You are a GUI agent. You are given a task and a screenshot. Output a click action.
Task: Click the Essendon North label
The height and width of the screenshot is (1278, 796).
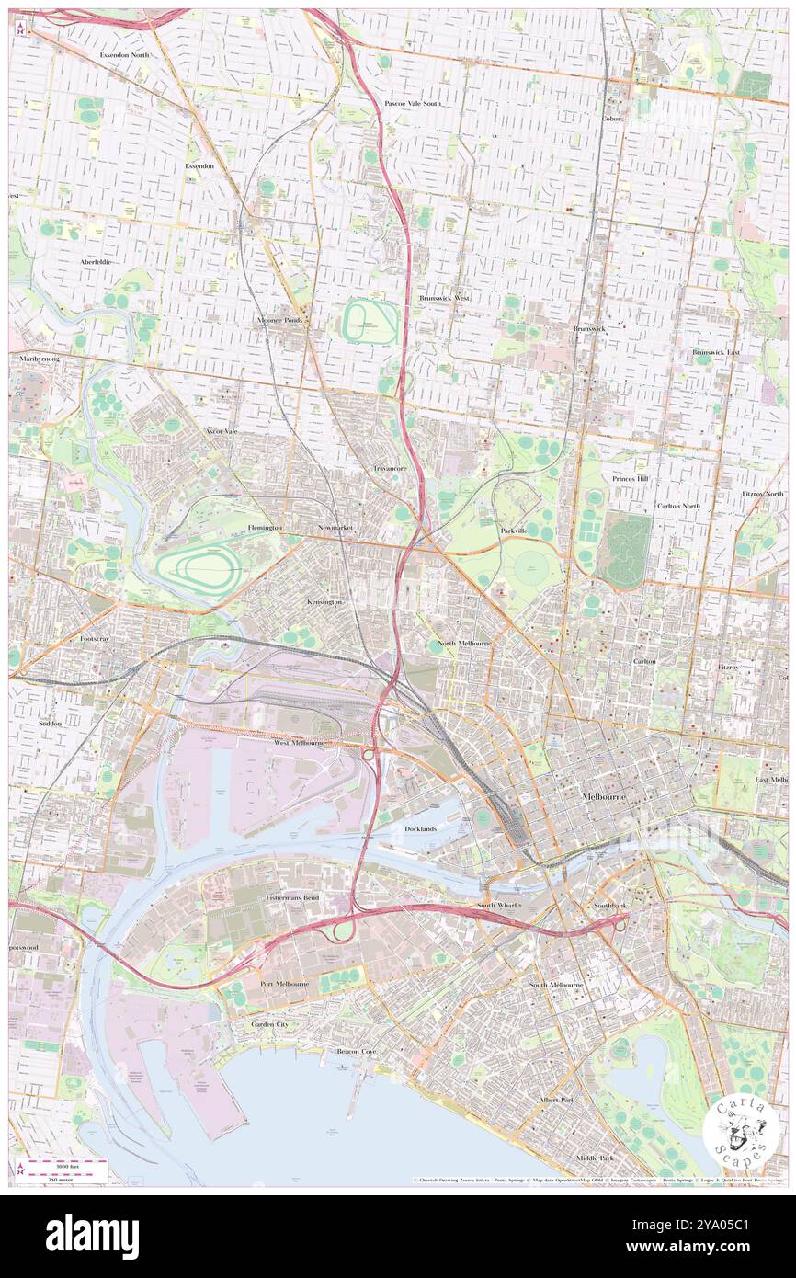point(125,55)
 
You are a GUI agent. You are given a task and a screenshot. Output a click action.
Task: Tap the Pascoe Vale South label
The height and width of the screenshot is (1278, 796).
point(413,104)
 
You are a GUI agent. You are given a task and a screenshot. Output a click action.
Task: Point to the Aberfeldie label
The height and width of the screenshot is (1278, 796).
point(95,262)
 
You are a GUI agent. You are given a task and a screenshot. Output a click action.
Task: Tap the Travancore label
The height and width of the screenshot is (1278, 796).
point(390,468)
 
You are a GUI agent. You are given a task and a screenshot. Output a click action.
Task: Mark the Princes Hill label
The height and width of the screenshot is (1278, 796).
point(631,479)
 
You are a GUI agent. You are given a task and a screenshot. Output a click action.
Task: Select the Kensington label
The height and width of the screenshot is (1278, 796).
point(324,601)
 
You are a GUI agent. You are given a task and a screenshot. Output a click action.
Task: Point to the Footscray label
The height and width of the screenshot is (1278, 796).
point(95,638)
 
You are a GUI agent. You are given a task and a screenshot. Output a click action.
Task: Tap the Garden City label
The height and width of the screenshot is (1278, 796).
point(269,1023)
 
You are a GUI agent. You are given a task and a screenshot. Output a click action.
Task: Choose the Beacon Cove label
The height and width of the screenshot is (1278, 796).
point(356,1051)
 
